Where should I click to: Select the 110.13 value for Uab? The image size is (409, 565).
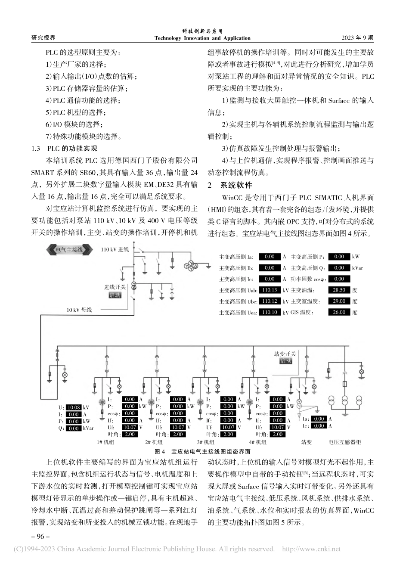pos(269,290)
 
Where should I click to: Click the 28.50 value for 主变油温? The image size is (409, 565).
pos(339,290)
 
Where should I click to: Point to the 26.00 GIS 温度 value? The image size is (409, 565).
pos(339,313)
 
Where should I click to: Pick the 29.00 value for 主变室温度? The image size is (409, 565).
pos(339,301)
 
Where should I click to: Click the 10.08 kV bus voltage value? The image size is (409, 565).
pos(74,407)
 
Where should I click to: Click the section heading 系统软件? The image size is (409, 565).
pos(236,186)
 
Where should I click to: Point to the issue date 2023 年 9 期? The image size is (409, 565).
pos(357,38)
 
